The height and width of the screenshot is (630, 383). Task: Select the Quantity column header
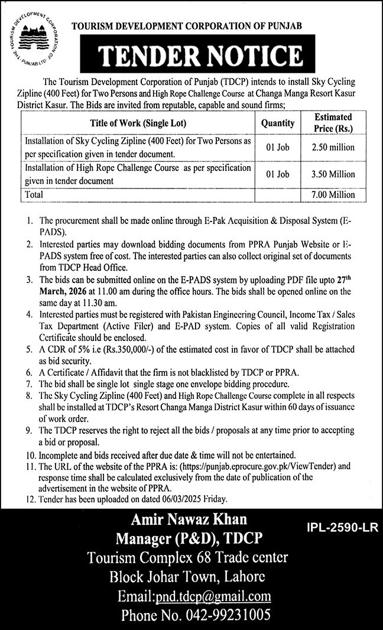277,123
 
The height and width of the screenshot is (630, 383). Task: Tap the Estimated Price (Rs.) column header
333,122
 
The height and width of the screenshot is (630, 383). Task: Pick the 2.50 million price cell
335,147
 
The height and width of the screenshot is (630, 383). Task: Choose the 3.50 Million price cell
335,174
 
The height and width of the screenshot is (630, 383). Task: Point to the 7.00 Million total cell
335,194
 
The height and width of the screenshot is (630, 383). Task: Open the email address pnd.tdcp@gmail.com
212,596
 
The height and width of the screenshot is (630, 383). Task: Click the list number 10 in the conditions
30,454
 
